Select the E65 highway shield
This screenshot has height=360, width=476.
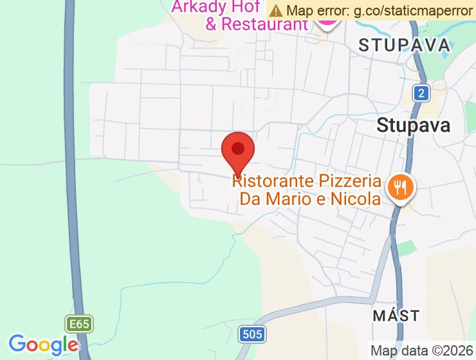80,324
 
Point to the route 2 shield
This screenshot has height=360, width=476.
421,93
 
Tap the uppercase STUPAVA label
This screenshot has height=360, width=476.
404,45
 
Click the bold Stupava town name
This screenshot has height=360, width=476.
414,124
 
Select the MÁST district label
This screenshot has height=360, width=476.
396,316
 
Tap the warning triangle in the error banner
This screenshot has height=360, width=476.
276,10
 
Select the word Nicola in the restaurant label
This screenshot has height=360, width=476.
356,199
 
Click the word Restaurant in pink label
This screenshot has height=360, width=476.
265,24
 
